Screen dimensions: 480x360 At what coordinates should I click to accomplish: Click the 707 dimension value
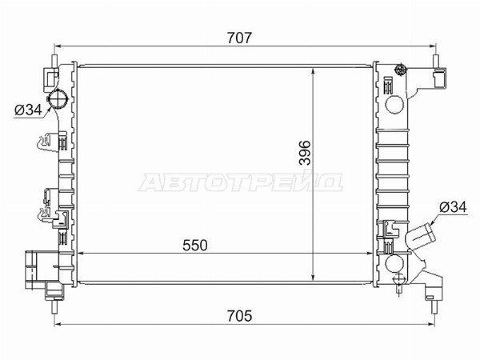coord(239,38)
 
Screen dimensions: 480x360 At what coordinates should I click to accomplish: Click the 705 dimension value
coord(239,316)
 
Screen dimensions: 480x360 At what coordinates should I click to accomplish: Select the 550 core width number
coord(195,246)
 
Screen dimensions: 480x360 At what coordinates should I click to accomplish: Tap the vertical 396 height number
coord(304,153)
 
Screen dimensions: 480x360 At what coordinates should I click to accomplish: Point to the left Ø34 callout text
coord(28,110)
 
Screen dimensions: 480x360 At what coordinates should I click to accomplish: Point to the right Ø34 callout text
coord(453,207)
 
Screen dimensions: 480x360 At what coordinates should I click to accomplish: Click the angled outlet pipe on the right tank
coord(421,236)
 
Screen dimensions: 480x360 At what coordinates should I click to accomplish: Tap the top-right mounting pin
coord(435,62)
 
